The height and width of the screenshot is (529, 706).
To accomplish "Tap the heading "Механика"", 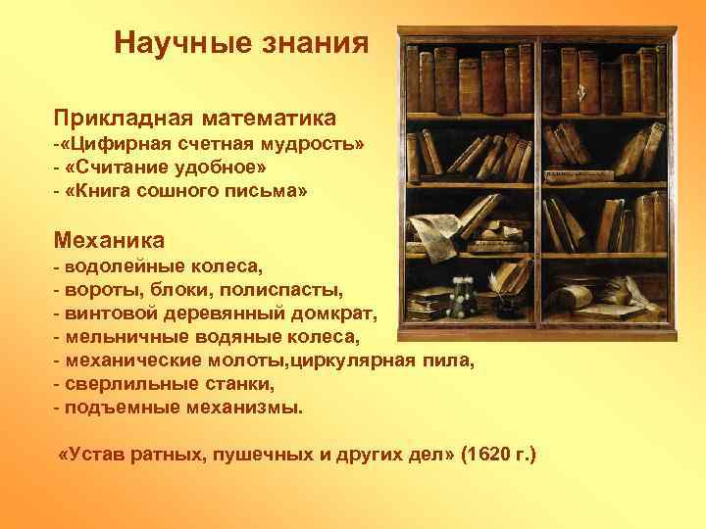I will (x=109, y=239).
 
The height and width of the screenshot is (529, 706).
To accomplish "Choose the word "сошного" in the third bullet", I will (x=201, y=192).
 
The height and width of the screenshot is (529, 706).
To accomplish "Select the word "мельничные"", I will (x=115, y=338).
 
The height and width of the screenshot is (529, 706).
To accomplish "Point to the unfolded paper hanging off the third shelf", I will (x=428, y=233).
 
